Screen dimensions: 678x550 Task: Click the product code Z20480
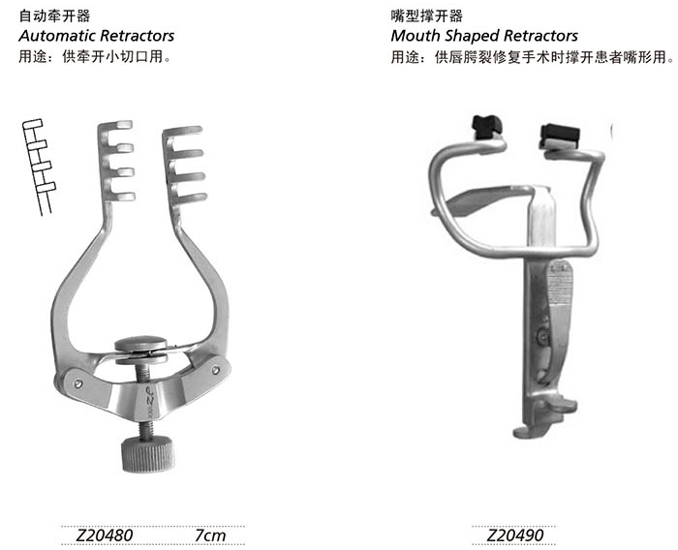tap(105, 535)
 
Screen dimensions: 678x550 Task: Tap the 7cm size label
tap(210, 535)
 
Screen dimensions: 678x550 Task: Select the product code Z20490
tap(515, 535)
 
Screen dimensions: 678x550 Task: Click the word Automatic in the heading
tap(56, 36)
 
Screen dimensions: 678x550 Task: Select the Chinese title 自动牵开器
tap(54, 16)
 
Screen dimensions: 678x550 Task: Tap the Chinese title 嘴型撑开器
tap(427, 16)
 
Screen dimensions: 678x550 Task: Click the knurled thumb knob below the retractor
tap(148, 454)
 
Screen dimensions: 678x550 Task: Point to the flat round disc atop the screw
tap(140, 344)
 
